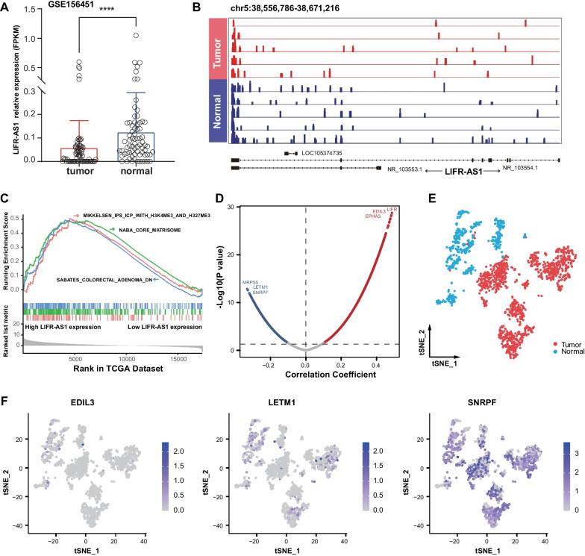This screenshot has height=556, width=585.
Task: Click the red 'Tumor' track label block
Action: [217, 51]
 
